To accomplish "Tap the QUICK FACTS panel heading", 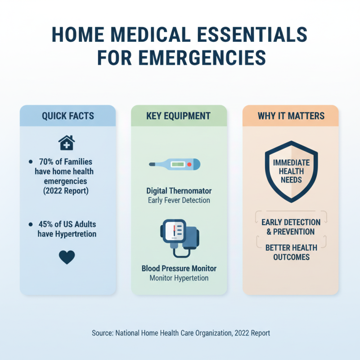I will click(68, 116).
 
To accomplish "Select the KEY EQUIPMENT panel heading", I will click(178, 116).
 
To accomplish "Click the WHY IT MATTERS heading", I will click(291, 116).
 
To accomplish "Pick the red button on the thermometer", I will click(189, 165).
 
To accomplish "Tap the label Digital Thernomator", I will click(179, 191).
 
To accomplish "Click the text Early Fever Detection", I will click(179, 200).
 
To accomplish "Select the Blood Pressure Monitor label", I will click(179, 268).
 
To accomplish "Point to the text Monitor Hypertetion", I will click(179, 278).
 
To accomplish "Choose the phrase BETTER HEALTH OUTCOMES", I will click(291, 252).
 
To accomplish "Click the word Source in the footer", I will click(102, 333).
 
